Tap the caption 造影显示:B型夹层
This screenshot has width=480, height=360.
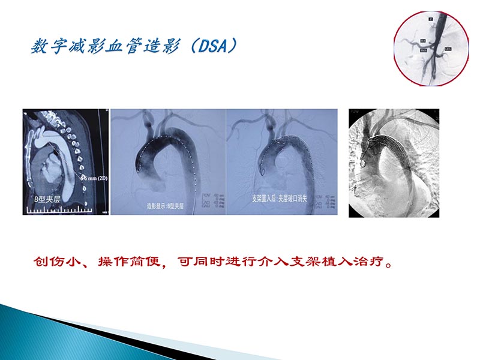pos(167,205)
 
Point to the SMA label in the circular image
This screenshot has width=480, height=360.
pos(423,50)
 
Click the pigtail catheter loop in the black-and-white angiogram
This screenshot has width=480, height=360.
pos(364,161)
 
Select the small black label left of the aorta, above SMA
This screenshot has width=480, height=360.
pos(423,41)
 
